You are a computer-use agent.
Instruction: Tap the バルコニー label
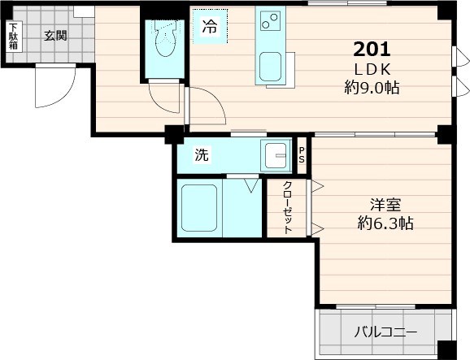(385, 332)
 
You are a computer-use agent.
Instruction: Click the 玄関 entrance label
(55, 35)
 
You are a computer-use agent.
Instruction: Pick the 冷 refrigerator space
(210, 27)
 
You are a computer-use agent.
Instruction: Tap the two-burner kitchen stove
(269, 20)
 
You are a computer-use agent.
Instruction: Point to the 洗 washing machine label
(201, 155)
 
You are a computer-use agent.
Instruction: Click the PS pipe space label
(302, 154)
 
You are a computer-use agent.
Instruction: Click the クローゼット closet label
(288, 208)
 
